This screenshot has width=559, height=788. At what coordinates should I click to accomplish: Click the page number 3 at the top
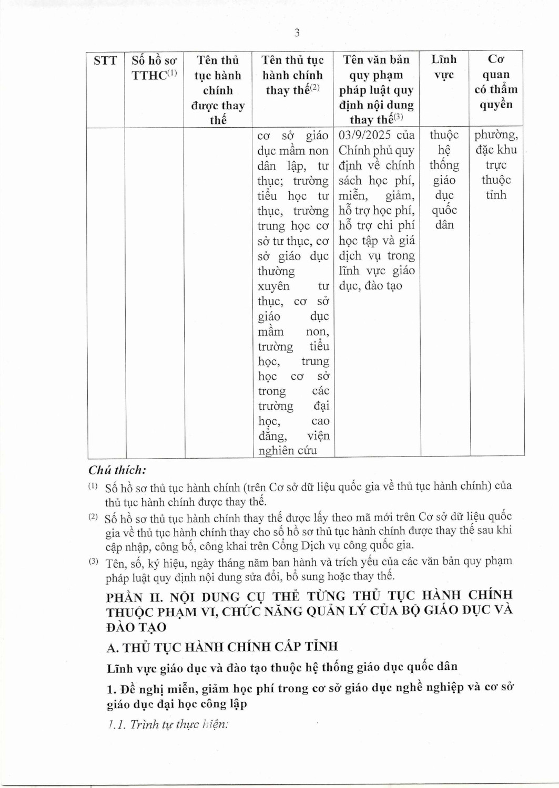point(297,33)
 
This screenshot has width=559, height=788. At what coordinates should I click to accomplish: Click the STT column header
point(105,61)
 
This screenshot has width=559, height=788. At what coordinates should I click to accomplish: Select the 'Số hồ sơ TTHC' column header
point(154,68)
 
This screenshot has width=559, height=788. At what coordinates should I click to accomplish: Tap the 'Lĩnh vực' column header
point(444,67)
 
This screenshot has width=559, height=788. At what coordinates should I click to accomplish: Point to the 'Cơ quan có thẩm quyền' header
point(496,82)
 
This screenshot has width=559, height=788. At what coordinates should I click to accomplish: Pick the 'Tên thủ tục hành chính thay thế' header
point(292,75)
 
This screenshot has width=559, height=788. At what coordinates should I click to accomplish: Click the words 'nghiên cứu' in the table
point(288,451)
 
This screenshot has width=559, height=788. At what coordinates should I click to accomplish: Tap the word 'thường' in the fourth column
point(276,271)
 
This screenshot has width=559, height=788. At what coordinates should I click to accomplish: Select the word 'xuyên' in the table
point(273,286)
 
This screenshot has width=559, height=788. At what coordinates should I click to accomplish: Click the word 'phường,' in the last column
point(496,135)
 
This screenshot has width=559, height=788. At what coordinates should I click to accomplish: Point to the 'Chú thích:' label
point(117,470)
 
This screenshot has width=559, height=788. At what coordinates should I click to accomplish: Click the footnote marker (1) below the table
point(93,486)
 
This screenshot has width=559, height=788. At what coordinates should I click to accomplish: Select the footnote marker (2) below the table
point(93,517)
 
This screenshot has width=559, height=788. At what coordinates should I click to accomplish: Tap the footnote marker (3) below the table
point(93,562)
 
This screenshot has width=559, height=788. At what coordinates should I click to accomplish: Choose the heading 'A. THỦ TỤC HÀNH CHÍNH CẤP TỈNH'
point(222,647)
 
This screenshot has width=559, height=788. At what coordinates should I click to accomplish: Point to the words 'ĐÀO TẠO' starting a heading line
point(136,627)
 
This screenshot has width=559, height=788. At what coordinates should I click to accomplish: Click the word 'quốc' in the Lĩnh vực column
point(444,210)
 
